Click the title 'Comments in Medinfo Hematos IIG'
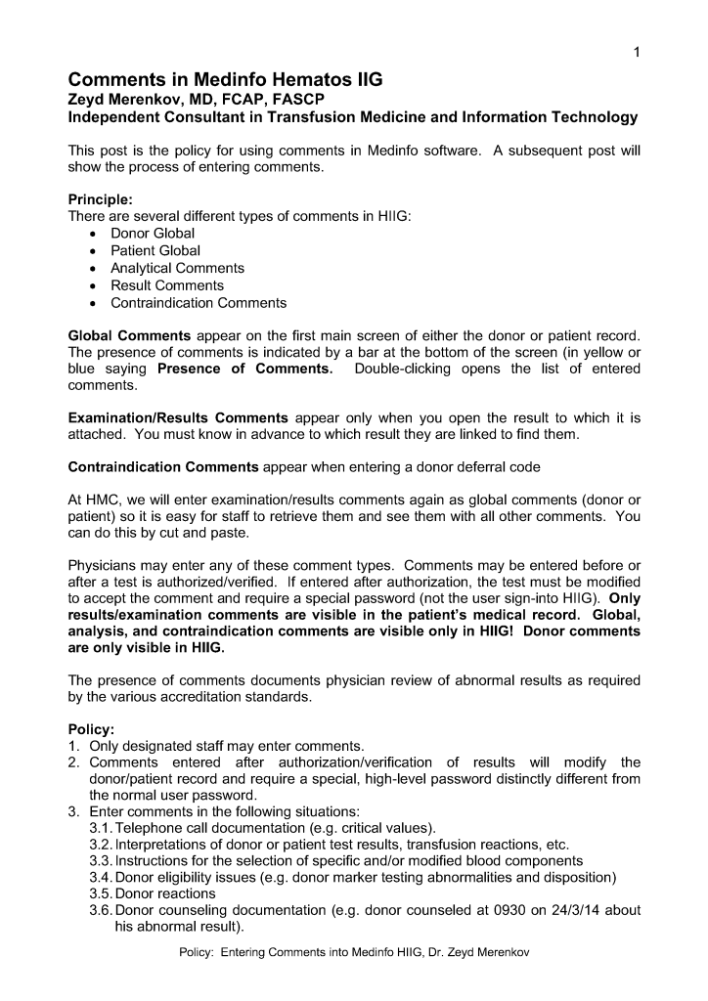coord(225,80)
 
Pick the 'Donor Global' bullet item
coord(153,233)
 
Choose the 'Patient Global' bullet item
coord(155,250)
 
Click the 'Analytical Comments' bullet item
coord(177,268)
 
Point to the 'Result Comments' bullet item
coord(166,285)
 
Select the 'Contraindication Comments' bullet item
coord(199,303)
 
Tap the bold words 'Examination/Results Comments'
coord(177,417)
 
